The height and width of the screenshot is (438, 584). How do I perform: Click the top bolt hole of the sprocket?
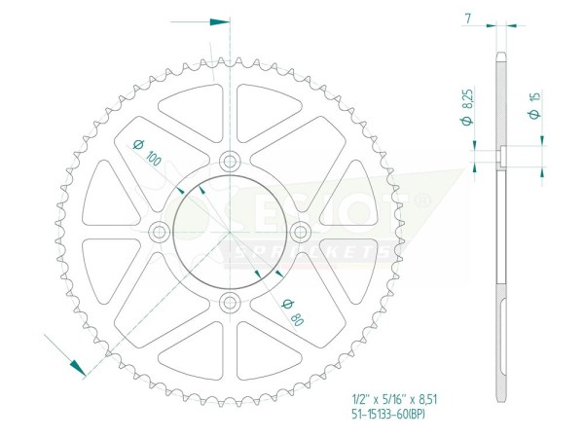pyautogui.click(x=230, y=162)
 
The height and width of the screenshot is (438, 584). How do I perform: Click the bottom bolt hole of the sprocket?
pyautogui.click(x=230, y=301)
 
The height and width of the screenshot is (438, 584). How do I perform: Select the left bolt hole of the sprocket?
pyautogui.click(x=160, y=232)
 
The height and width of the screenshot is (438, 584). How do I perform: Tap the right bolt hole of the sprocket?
pyautogui.click(x=300, y=232)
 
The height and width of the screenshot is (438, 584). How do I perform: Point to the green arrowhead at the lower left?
pyautogui.click(x=74, y=364)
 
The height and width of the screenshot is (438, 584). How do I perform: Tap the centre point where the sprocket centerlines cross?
pyautogui.click(x=230, y=232)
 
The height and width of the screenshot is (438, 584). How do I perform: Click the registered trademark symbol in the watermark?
pyautogui.click(x=422, y=200)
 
